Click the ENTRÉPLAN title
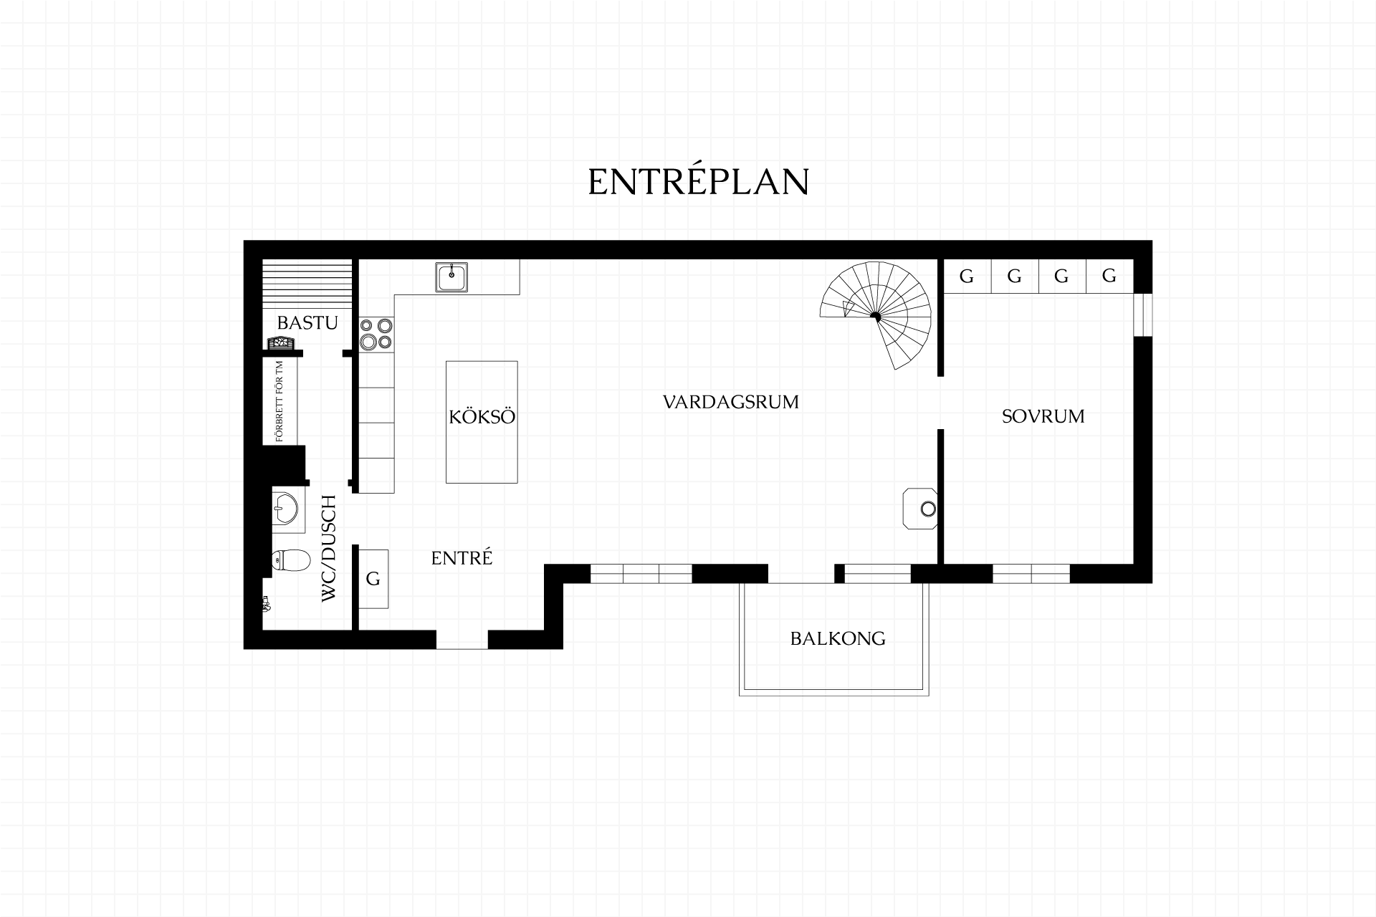(699, 182)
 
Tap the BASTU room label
(307, 323)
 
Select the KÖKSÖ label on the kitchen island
(482, 416)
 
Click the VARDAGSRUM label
(731, 402)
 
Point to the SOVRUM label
(1043, 416)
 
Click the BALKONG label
(838, 638)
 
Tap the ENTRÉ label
(462, 557)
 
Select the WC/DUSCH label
(328, 548)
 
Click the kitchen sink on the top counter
(451, 277)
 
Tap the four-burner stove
(377, 334)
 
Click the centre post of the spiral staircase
(875, 317)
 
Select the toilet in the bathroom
(290, 561)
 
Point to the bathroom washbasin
(288, 509)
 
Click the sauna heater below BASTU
(281, 343)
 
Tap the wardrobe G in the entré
(373, 579)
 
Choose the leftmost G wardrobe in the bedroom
(967, 277)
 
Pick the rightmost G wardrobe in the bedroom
(1109, 277)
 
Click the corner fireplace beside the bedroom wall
(921, 509)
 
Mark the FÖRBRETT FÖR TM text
(279, 400)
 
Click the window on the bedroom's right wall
(1142, 315)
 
